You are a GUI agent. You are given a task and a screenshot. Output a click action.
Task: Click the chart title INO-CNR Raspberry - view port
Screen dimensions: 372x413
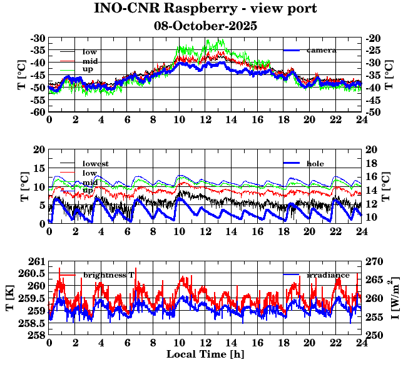coord(205,9)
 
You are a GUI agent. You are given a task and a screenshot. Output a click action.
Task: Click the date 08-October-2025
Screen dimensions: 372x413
coord(205,26)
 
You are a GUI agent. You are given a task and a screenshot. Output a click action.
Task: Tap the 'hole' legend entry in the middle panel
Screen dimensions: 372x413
coord(315,163)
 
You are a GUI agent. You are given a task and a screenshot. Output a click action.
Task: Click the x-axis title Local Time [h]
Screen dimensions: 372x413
coord(205,354)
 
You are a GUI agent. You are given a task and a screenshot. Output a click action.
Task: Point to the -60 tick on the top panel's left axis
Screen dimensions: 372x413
coord(38,111)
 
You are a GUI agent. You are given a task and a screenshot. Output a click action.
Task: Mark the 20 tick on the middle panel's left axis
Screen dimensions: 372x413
coord(40,149)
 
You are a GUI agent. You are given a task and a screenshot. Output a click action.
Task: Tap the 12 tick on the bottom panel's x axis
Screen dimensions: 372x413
coord(205,343)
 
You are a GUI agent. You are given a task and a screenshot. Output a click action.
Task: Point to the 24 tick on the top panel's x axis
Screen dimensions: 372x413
coord(362,119)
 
